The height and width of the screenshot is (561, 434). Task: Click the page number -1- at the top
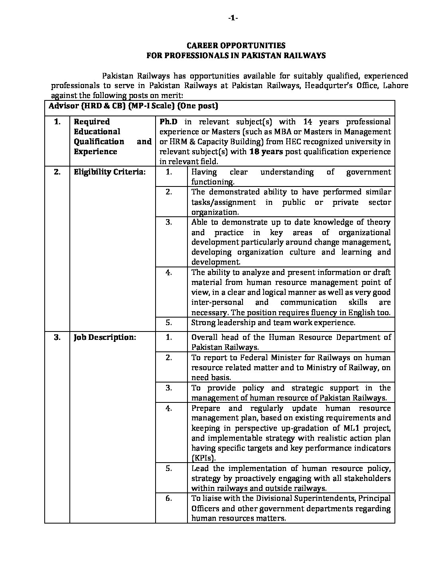(x=233, y=18)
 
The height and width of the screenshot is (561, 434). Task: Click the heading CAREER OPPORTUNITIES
(x=236, y=46)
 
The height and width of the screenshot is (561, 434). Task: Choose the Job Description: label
(x=105, y=337)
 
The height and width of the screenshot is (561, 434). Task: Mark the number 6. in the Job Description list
(x=169, y=498)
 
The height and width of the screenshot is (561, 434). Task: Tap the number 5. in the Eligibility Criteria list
(x=169, y=323)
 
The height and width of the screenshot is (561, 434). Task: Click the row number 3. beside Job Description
(x=57, y=337)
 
